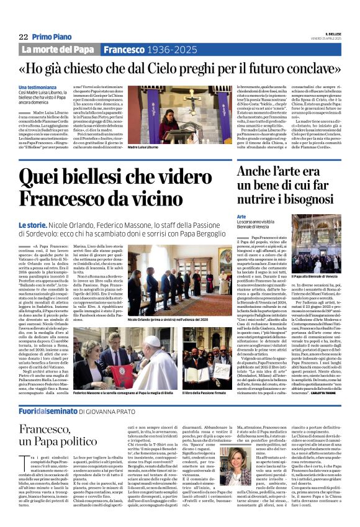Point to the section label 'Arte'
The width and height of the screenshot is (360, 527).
coord(241,217)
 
